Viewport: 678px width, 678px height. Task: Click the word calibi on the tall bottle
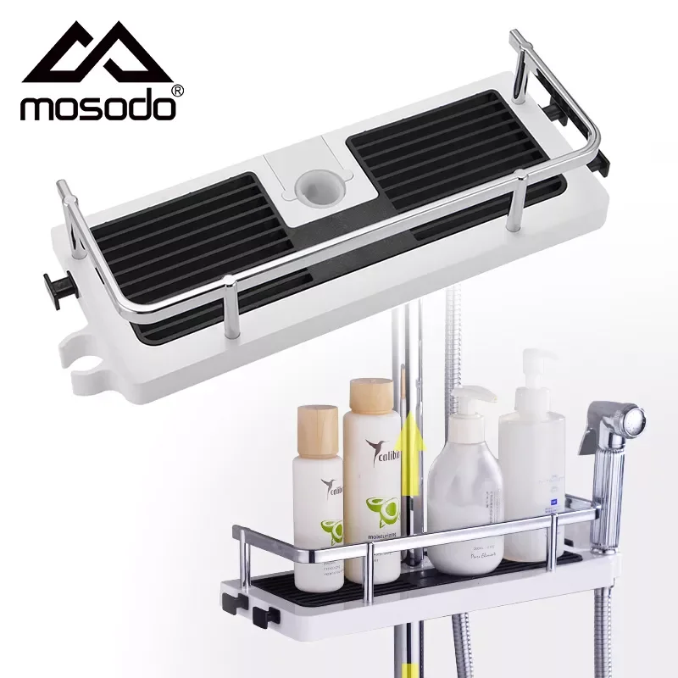click(381, 448)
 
